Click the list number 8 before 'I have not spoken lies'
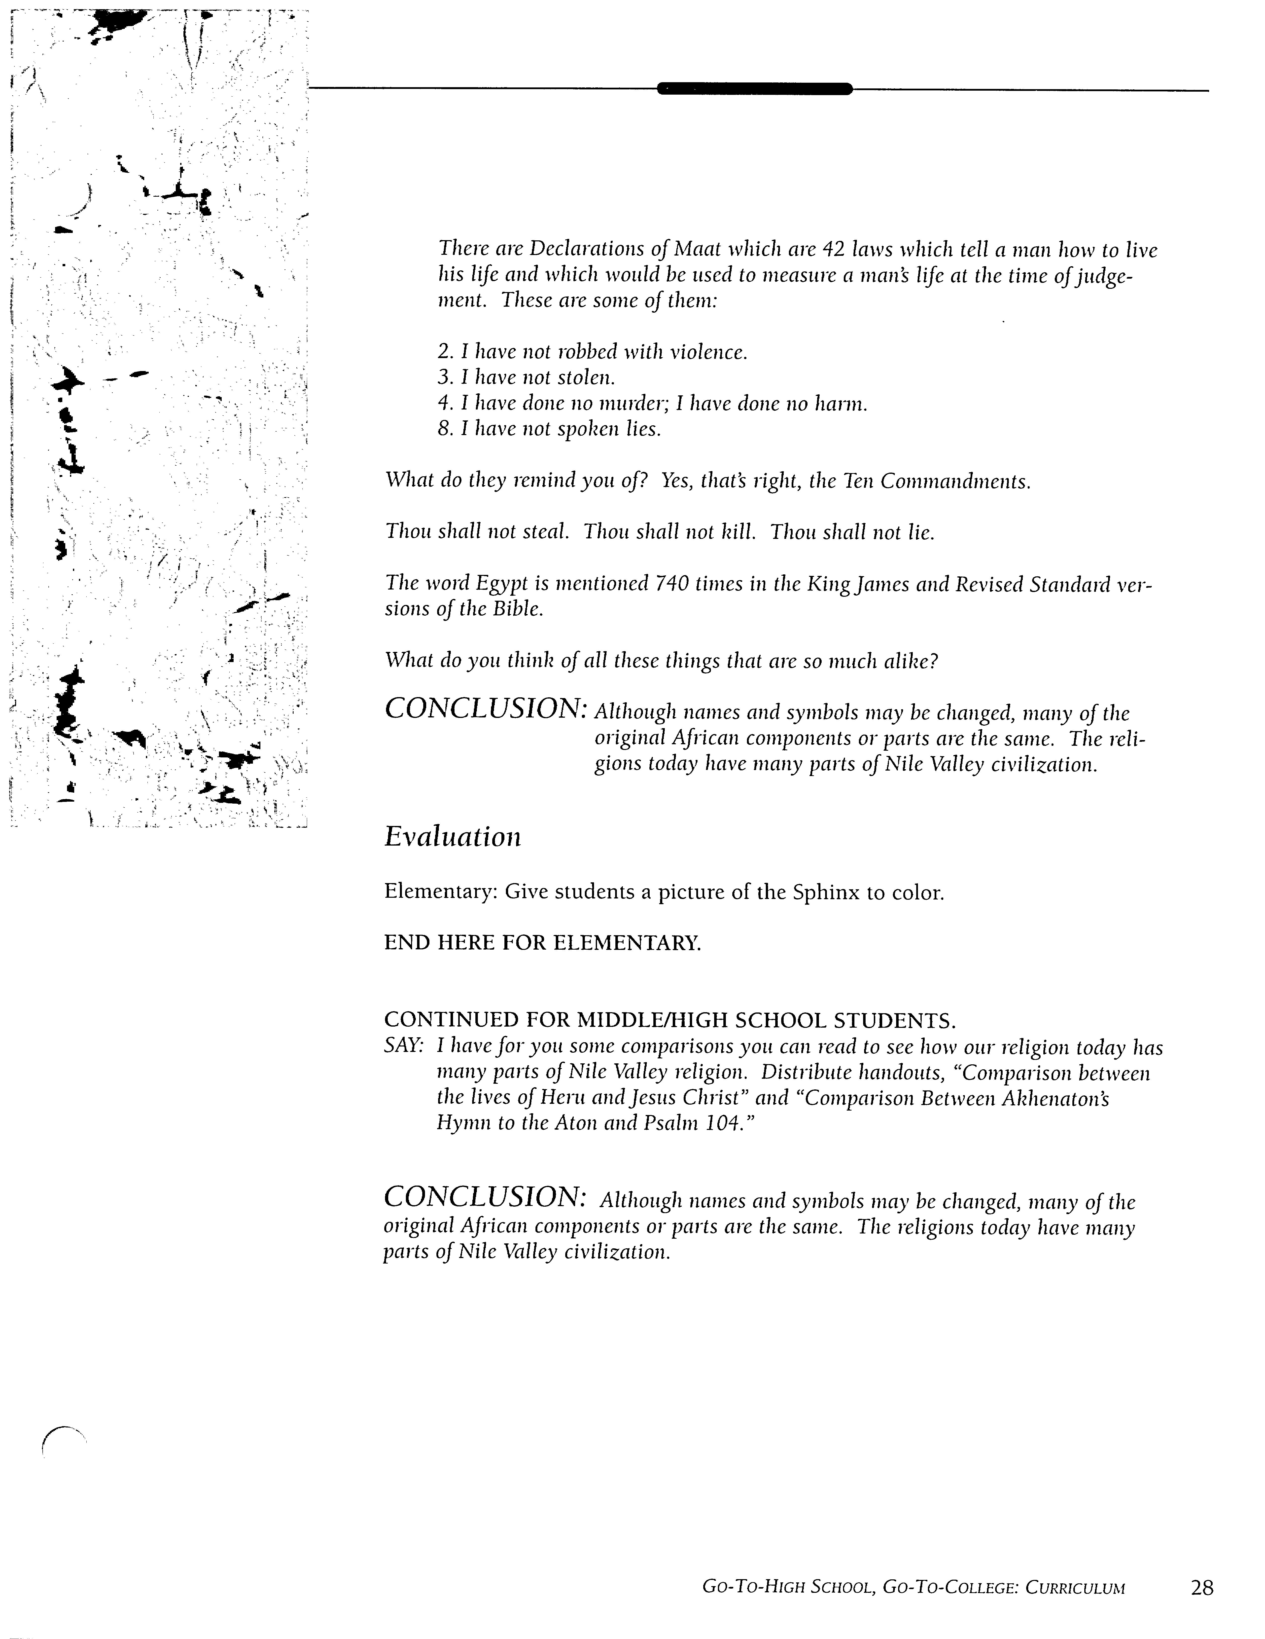click(x=443, y=429)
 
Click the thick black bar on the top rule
click(x=754, y=89)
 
